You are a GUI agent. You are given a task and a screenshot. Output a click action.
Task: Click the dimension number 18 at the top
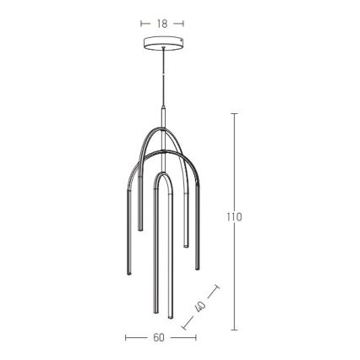tap(162, 24)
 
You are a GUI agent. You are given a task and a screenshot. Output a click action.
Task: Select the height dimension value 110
tap(234, 217)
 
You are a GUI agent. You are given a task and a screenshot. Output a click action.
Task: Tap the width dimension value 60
tap(159, 337)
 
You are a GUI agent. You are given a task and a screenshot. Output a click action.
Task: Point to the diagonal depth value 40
tap(200, 307)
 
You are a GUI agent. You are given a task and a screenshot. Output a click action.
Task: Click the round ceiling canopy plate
tap(162, 43)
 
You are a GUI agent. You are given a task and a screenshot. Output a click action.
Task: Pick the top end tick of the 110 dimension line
tap(234, 113)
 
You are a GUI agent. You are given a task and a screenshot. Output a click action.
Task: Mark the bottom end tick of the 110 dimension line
tap(234, 330)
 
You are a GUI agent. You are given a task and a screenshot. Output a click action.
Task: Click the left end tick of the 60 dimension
tap(126, 337)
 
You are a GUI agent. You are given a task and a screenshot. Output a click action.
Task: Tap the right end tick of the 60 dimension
tap(196, 337)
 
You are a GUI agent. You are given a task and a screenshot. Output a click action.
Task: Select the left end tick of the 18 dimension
tap(141, 24)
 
